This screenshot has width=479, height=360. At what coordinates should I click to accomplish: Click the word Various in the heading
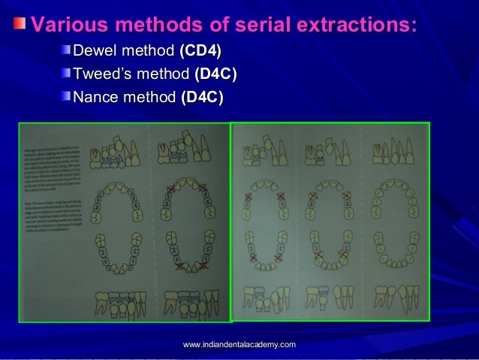(66, 24)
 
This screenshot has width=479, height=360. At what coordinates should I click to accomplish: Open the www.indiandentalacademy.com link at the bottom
(239, 343)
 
